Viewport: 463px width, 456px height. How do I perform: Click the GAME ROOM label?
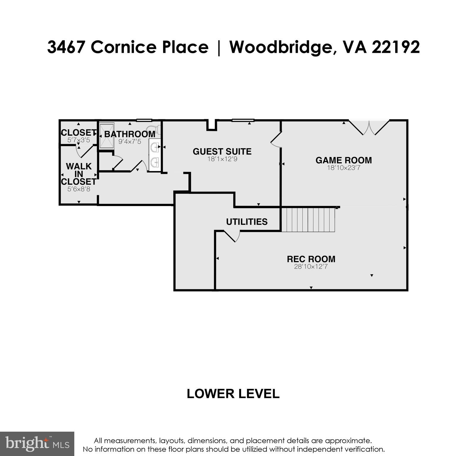(344, 160)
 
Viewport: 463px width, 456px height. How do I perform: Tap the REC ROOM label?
(311, 259)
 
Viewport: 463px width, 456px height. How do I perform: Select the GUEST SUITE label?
(222, 152)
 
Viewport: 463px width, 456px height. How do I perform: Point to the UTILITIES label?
(247, 222)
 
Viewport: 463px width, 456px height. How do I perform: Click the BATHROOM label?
(130, 134)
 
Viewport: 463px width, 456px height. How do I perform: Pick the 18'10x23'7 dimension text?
(344, 168)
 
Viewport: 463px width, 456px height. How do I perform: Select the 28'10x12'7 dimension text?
(311, 267)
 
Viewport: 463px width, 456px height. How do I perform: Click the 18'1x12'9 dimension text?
(222, 159)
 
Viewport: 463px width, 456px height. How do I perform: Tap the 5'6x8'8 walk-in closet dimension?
(78, 189)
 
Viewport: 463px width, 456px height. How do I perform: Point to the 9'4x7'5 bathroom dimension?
(130, 142)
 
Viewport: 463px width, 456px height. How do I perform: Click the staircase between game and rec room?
(308, 220)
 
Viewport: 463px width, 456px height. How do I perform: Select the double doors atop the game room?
(369, 128)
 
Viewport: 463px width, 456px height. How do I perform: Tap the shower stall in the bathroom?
(106, 136)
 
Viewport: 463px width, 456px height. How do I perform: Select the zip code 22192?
(396, 47)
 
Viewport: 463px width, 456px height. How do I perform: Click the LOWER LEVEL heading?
(233, 394)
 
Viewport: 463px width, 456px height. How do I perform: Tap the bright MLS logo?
(37, 444)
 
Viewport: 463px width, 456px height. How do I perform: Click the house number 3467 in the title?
(66, 47)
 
